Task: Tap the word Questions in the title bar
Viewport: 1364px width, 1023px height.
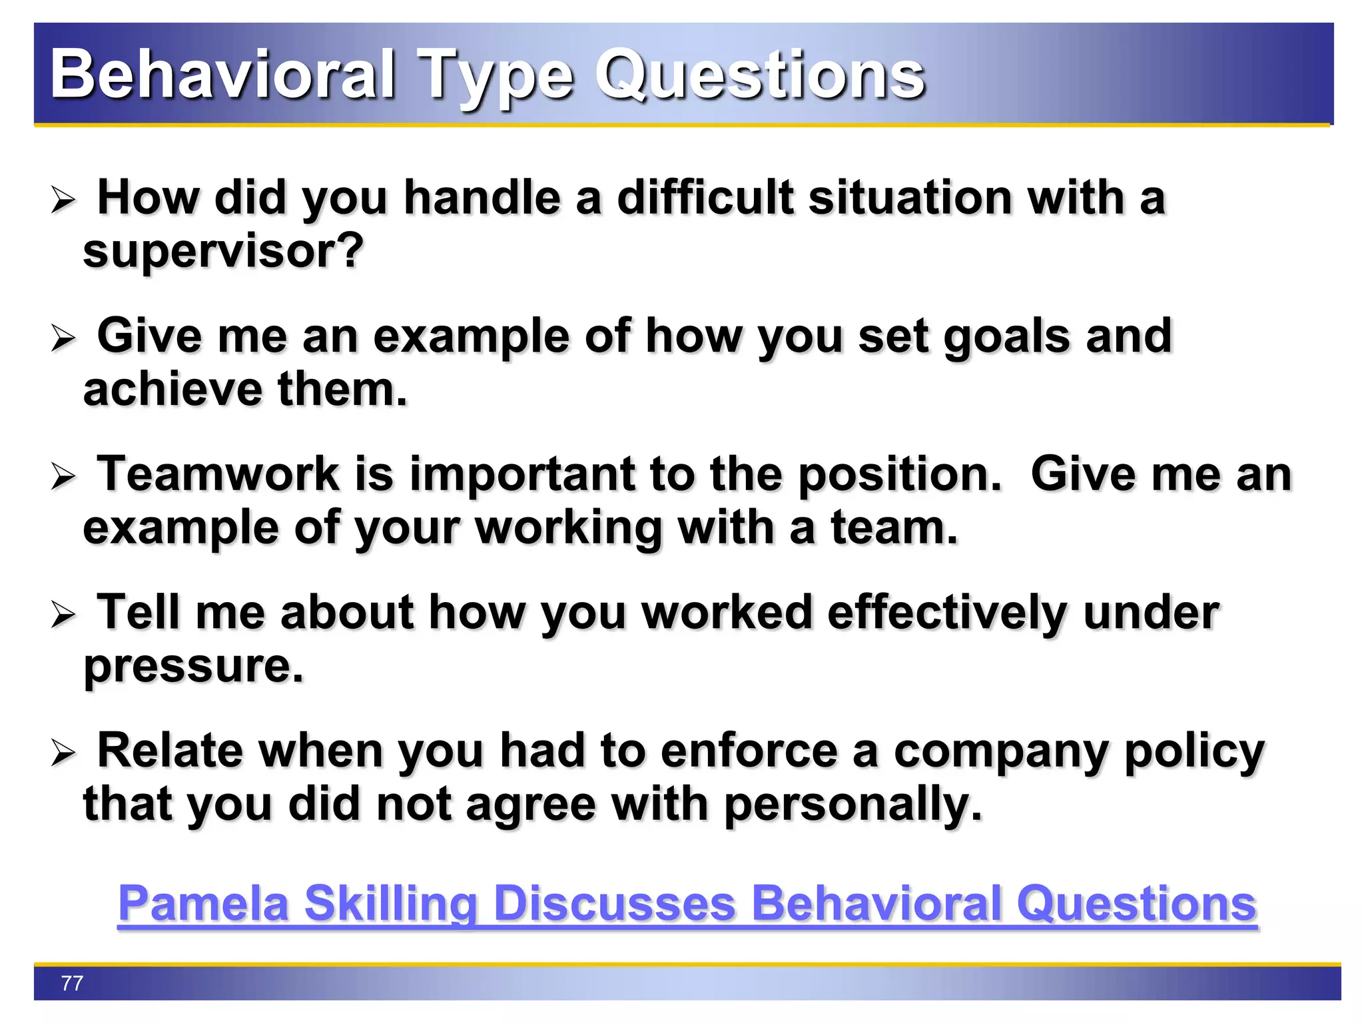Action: (x=759, y=75)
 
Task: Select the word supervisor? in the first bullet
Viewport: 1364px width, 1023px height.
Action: (x=223, y=252)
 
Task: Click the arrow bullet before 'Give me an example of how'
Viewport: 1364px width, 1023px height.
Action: (x=64, y=338)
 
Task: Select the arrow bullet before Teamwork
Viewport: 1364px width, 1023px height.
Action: (x=64, y=477)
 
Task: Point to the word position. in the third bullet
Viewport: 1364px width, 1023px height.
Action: (x=900, y=475)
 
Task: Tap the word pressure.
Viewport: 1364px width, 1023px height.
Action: (x=193, y=667)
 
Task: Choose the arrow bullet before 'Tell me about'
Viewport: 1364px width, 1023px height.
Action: (x=64, y=615)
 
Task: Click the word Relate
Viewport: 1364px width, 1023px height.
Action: (x=170, y=751)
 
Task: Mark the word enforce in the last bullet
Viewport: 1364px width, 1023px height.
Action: (x=749, y=751)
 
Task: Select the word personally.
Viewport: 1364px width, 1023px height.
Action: (x=852, y=805)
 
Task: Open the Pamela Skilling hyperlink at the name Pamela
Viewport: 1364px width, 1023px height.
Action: (x=203, y=904)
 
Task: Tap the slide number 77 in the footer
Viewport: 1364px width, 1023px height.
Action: (x=72, y=983)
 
